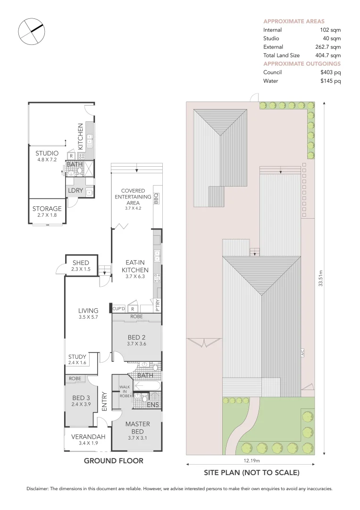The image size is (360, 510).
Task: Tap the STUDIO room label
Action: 47,153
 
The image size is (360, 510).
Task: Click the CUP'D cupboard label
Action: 119,309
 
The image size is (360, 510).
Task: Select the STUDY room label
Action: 77,357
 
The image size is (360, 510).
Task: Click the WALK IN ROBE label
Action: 125,391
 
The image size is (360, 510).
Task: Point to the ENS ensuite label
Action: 152,405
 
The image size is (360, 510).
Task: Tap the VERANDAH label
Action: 85,436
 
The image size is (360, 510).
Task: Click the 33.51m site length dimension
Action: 320,279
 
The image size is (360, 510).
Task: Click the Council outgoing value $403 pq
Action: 330,72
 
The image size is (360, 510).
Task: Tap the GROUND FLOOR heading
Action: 113,460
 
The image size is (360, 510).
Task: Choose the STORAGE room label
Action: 47,209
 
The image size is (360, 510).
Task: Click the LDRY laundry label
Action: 75,190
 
